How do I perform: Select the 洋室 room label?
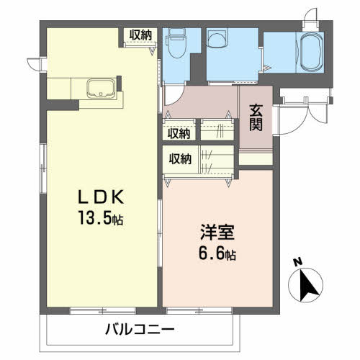tap(216, 234)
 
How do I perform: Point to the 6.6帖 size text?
tap(216, 254)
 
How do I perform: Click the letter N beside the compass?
tap(297, 262)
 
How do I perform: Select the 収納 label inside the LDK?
tap(141, 34)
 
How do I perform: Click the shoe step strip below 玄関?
tap(256, 157)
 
